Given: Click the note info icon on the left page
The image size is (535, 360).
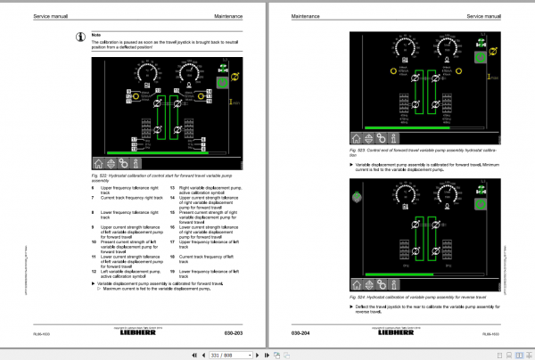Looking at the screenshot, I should coord(82,37).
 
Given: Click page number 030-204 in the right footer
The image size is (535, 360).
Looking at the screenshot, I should coord(301,333).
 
